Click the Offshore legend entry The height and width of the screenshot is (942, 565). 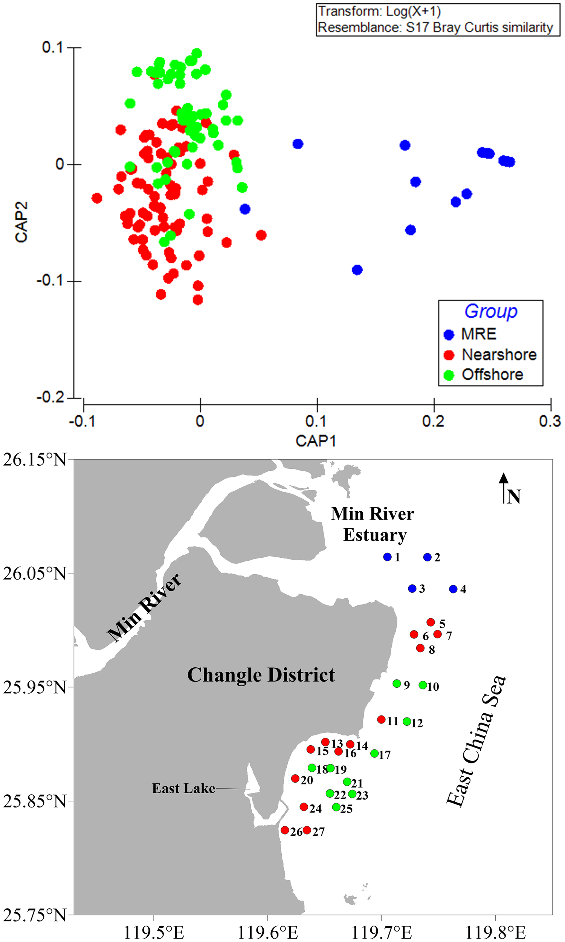(x=492, y=375)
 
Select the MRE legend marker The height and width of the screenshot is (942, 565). (x=449, y=335)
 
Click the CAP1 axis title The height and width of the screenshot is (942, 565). (x=316, y=441)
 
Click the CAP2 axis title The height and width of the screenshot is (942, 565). (x=21, y=222)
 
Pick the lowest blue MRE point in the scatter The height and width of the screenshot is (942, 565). (x=357, y=270)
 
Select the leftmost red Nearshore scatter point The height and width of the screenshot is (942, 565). (x=97, y=198)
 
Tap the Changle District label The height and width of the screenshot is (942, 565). (x=261, y=675)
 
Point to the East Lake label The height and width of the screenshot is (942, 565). (x=183, y=788)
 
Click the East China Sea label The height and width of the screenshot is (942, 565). (x=476, y=740)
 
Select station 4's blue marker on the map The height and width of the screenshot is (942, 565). (x=453, y=589)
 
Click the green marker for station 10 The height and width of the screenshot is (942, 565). (x=423, y=685)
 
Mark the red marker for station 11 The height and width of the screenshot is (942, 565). (x=381, y=719)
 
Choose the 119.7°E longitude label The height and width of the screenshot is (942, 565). (x=381, y=930)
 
